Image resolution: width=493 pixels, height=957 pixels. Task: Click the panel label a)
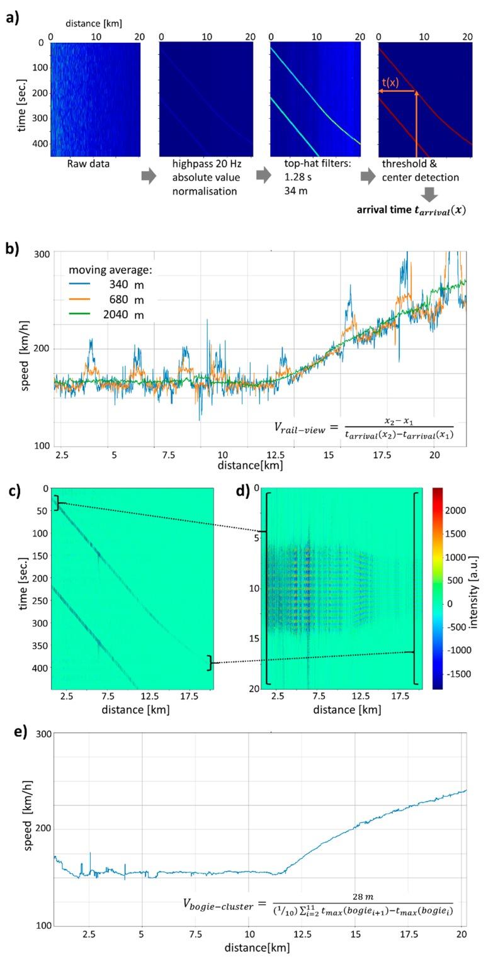click(x=13, y=17)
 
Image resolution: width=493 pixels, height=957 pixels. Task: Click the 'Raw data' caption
click(x=88, y=164)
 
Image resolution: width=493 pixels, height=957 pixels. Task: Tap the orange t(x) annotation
click(x=390, y=82)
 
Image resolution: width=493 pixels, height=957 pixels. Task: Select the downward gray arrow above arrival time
click(x=429, y=194)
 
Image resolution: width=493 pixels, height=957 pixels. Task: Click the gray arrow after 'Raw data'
click(x=149, y=177)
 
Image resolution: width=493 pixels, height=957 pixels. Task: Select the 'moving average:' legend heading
click(x=111, y=270)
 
